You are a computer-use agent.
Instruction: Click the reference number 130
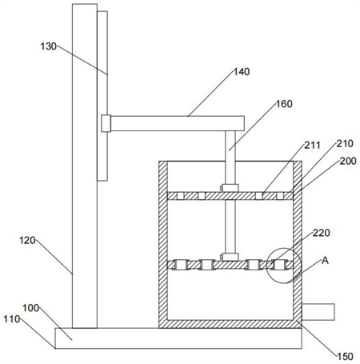[x=49, y=46]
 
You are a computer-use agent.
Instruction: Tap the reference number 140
[x=242, y=72]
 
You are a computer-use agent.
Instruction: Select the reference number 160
[x=284, y=104]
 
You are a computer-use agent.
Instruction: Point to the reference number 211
[x=313, y=146]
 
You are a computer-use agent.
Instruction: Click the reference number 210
[x=345, y=144]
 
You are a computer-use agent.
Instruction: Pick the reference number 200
[x=348, y=161]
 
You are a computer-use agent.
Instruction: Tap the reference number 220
[x=322, y=233]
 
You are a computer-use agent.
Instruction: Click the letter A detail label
[x=325, y=260]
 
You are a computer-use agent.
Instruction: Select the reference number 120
[x=27, y=241]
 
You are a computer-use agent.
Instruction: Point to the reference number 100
[x=30, y=308]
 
